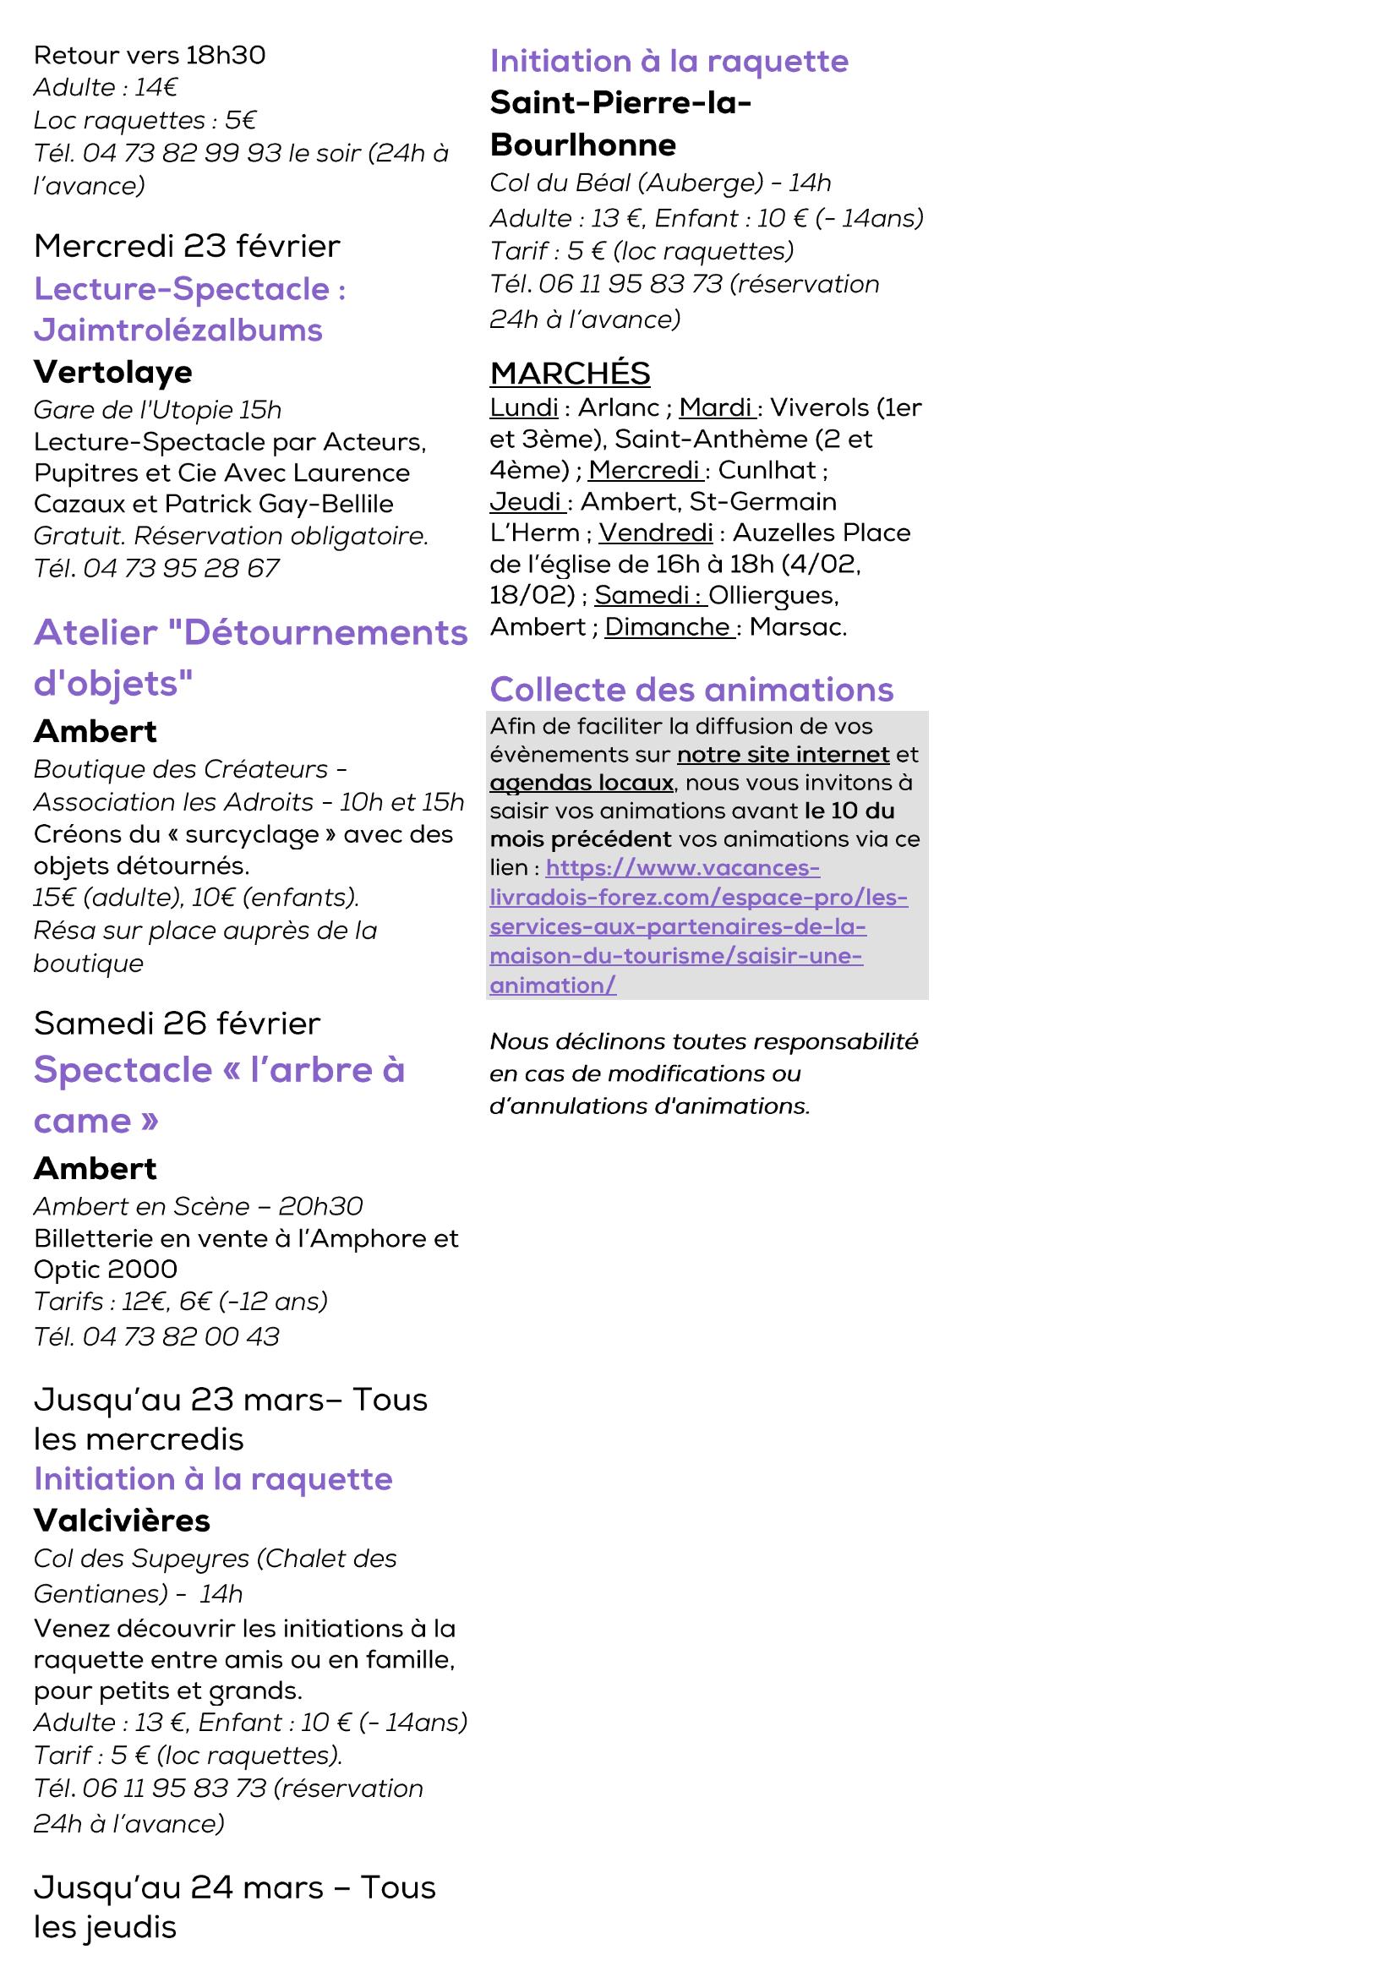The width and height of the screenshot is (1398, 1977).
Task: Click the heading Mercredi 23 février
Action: pos(187,246)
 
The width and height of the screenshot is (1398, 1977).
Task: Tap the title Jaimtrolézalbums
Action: pos(178,330)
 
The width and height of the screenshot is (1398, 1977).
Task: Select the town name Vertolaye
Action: pos(112,372)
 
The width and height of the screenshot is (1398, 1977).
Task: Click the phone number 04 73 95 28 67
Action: pos(181,568)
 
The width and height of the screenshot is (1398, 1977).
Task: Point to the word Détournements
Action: pos(325,633)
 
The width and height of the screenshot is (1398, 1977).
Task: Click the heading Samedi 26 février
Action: pos(177,1024)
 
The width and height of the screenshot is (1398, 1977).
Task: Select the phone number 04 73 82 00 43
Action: pos(181,1336)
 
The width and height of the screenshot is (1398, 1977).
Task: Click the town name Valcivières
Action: pos(122,1521)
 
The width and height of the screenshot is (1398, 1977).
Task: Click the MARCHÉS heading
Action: pos(570,374)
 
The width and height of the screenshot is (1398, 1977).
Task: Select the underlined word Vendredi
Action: pos(656,533)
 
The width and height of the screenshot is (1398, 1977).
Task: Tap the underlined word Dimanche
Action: pos(667,627)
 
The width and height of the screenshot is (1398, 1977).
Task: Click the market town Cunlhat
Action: pos(766,470)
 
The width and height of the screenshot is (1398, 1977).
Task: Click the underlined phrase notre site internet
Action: pos(783,755)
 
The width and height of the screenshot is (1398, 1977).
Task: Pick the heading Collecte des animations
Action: pos(691,690)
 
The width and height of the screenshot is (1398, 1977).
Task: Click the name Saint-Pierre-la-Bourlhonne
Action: pos(620,124)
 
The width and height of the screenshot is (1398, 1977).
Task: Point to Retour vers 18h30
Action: pos(149,55)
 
